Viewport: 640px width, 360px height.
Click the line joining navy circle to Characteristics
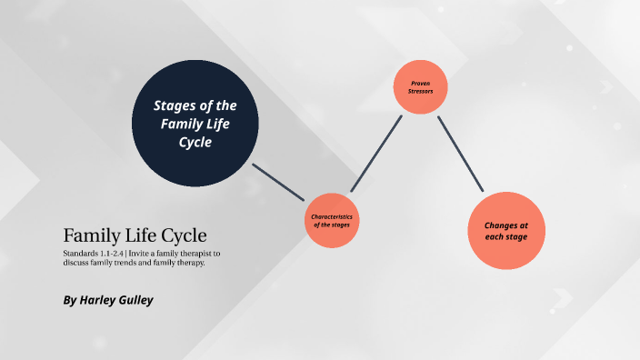pos(278,182)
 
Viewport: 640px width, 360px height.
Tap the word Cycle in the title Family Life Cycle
pos(187,234)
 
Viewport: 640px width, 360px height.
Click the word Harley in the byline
pos(105,299)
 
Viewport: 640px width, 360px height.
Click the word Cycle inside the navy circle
pos(195,143)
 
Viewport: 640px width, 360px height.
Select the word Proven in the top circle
pos(420,83)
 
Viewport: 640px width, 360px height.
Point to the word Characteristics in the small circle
pos(331,216)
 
